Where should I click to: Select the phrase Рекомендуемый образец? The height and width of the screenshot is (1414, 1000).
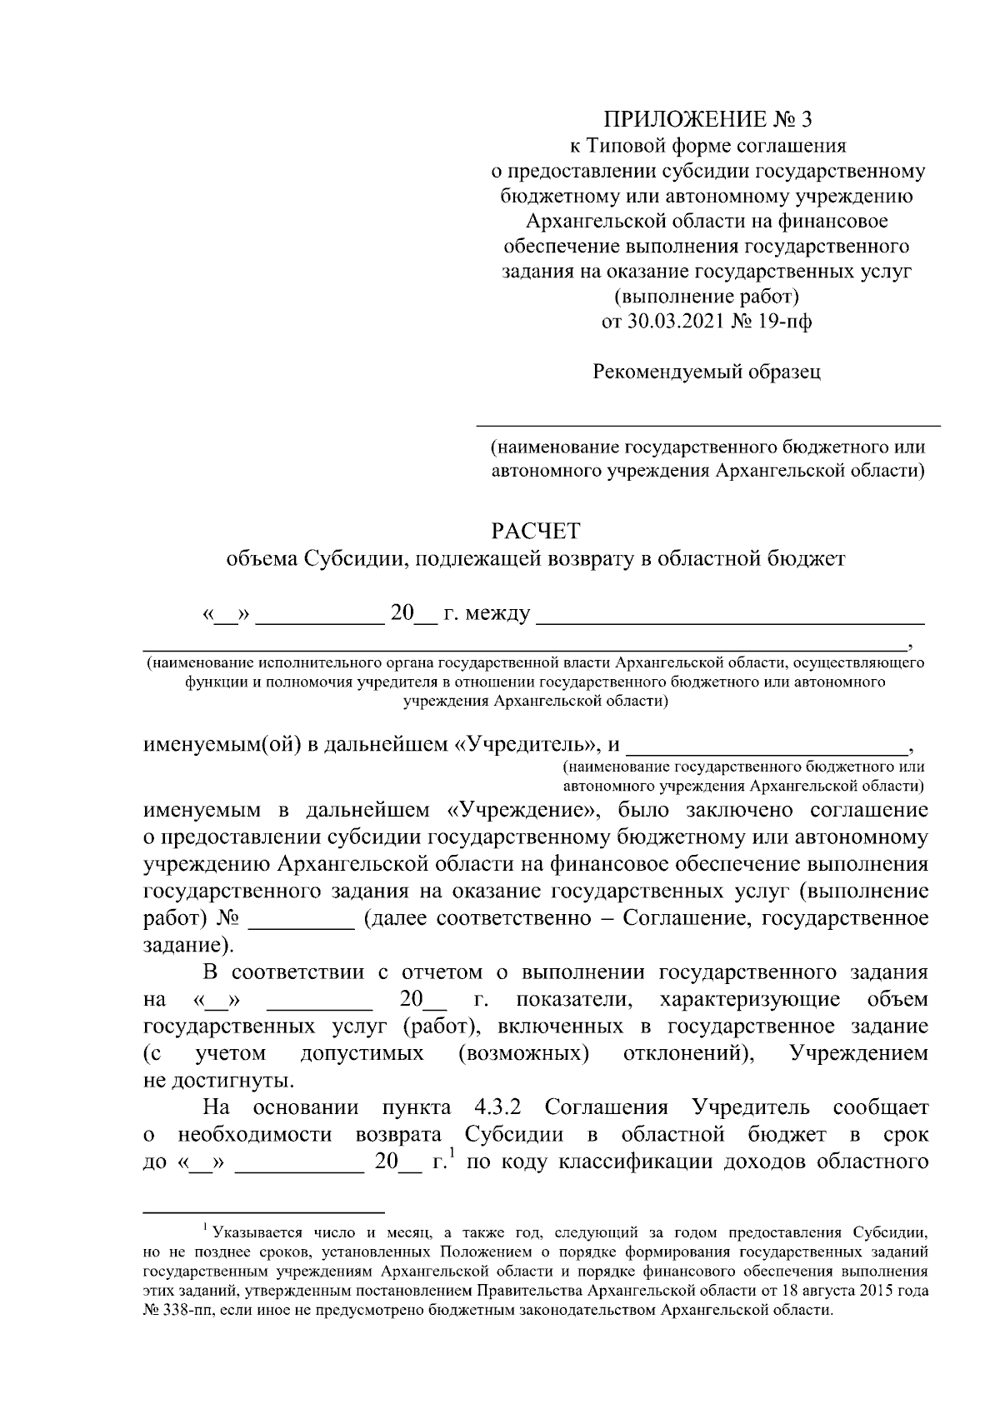[707, 372]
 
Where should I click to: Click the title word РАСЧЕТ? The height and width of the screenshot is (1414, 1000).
[535, 531]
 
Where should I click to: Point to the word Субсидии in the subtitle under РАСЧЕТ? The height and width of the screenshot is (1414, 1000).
[351, 558]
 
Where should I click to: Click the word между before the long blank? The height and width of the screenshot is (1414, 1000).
[497, 615]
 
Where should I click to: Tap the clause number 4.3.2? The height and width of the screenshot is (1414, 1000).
[497, 1108]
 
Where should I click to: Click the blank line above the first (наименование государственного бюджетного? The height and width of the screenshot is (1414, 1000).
[707, 425]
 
